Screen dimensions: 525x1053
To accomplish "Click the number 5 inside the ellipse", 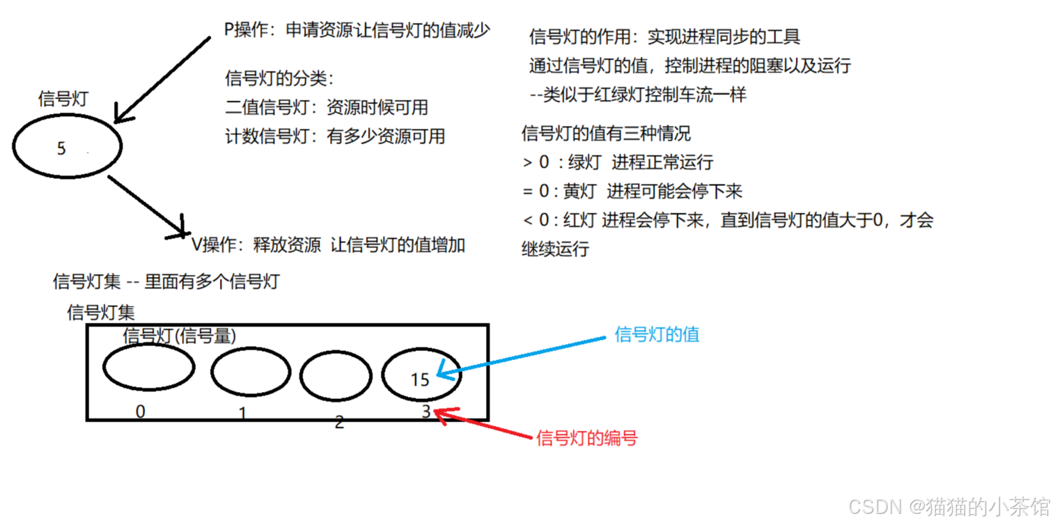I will tap(61, 148).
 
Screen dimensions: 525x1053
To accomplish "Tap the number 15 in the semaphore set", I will tap(420, 379).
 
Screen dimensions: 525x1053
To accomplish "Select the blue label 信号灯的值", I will tap(657, 335).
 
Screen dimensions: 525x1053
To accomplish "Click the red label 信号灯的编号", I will tap(586, 438).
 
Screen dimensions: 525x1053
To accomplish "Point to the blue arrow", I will tap(522, 356).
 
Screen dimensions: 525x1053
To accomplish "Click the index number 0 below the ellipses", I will tap(140, 412).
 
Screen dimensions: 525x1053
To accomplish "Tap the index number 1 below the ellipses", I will tap(242, 414).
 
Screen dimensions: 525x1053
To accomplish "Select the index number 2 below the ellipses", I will tap(339, 422).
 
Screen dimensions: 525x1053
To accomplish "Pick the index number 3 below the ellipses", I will tap(426, 412).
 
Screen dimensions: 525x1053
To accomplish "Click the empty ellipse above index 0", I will tap(148, 367).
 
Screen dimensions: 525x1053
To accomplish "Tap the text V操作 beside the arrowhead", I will tap(216, 245).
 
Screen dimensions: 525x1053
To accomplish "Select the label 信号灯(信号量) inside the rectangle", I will tap(180, 336).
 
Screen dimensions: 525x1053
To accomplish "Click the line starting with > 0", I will tap(617, 162).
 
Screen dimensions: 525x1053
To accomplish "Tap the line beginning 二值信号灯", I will tap(326, 107).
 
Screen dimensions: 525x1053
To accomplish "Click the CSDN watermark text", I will tap(949, 506).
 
